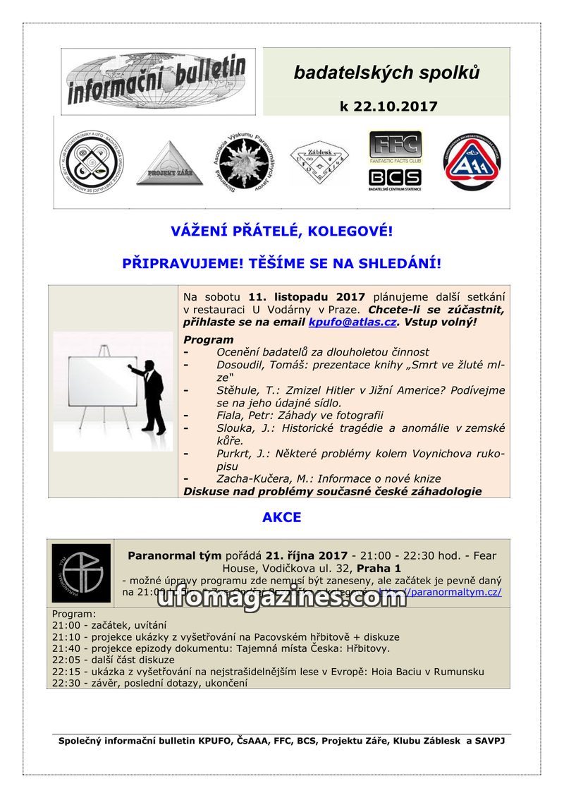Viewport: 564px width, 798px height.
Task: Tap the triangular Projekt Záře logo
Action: click(x=169, y=164)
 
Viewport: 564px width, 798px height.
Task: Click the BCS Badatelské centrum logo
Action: click(x=395, y=179)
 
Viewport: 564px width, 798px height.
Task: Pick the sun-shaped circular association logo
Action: click(x=242, y=162)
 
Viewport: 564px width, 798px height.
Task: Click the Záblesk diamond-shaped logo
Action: click(x=319, y=163)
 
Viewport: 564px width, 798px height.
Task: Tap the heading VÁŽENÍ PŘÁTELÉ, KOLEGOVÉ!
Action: click(x=281, y=231)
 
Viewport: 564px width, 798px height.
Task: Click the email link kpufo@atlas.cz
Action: click(x=352, y=322)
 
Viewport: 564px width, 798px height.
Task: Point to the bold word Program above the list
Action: click(x=208, y=339)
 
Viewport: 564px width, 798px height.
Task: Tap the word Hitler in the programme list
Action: click(x=331, y=389)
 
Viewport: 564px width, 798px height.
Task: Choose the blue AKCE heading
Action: click(x=281, y=517)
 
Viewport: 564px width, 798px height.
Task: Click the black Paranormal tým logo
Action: click(x=81, y=573)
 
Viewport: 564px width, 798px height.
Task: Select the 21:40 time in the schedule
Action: click(x=66, y=648)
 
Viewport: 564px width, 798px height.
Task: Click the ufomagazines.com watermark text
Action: click(x=281, y=597)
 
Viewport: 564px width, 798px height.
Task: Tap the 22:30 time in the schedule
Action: click(x=66, y=683)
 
